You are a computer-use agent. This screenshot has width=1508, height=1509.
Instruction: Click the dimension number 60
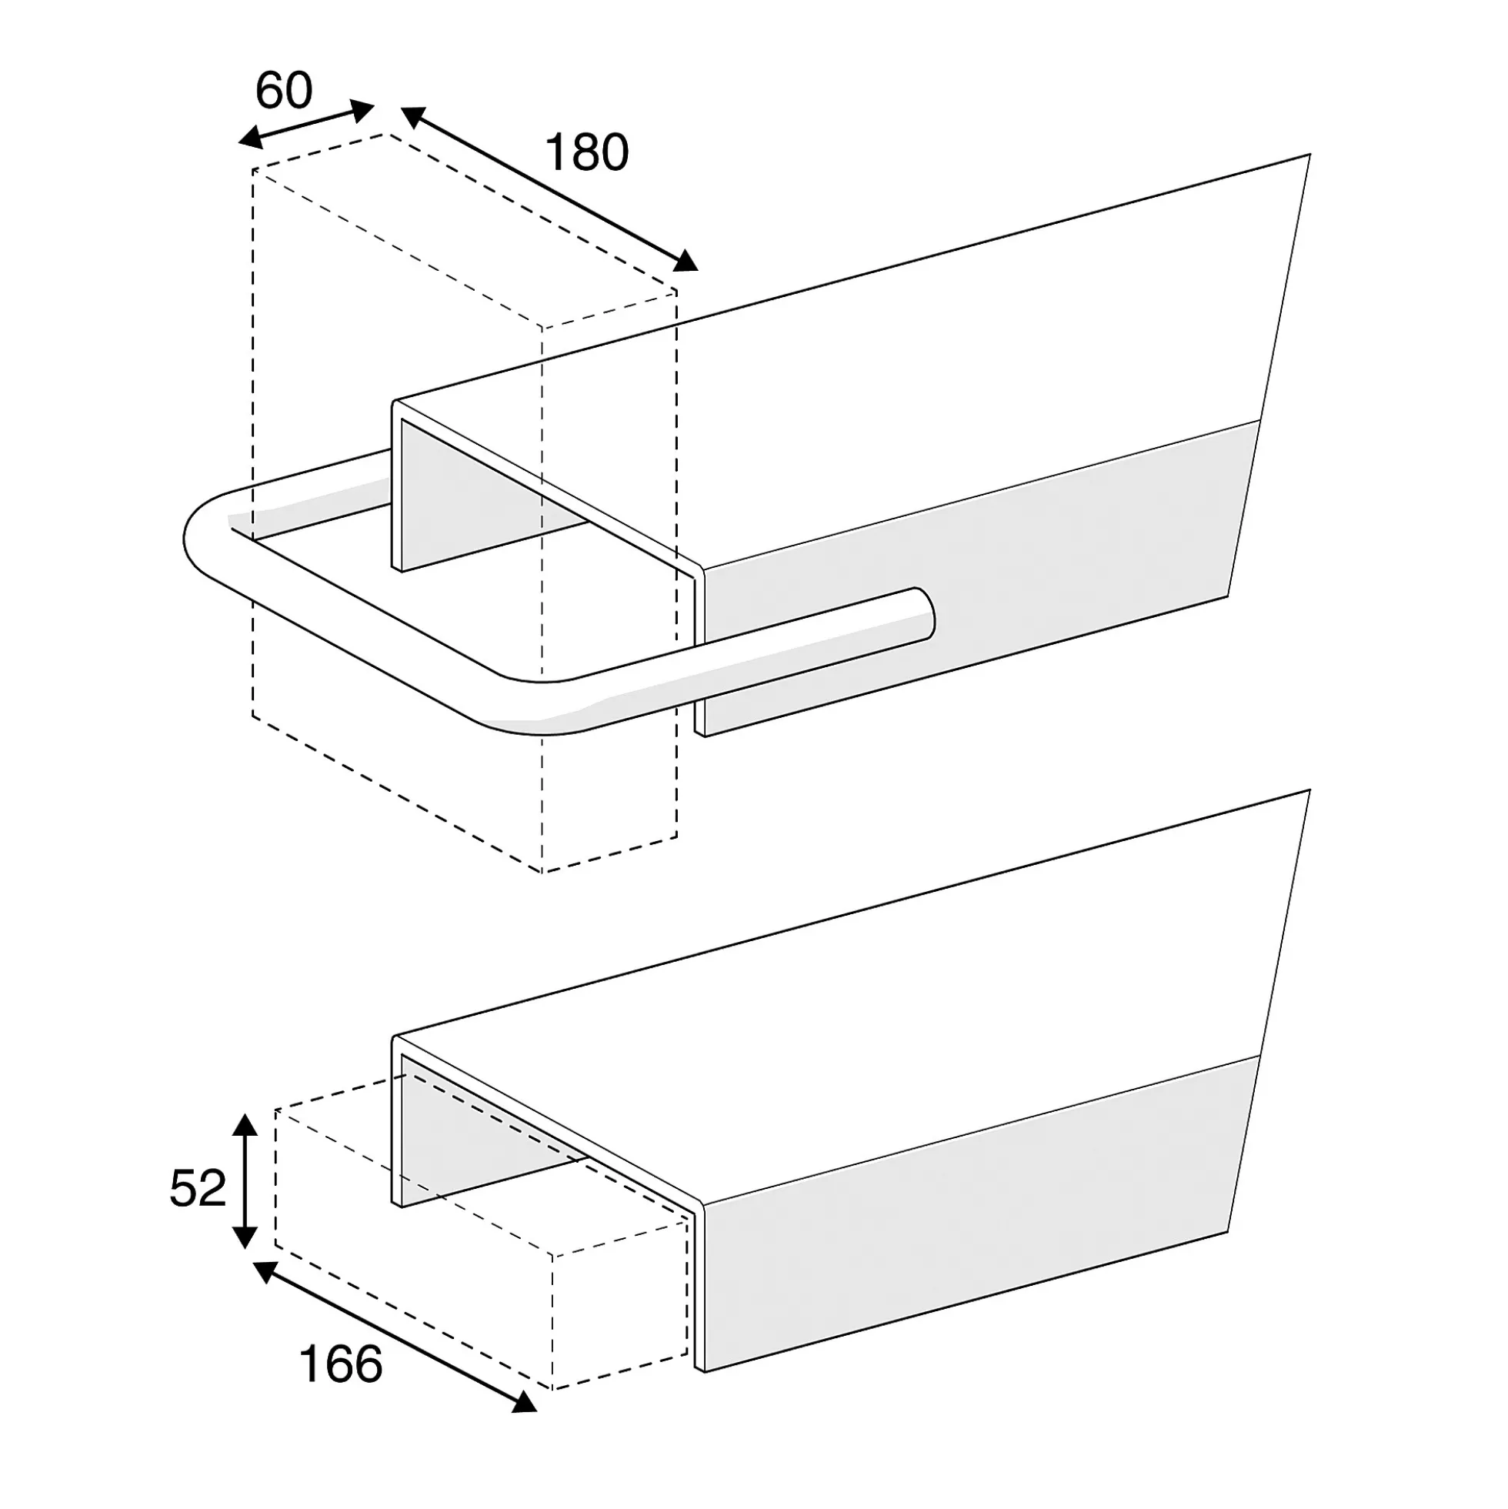283,91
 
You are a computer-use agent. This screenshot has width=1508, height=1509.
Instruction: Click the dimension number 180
586,152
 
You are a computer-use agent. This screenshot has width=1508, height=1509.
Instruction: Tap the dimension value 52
198,1189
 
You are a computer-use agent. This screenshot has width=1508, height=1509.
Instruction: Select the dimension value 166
341,1364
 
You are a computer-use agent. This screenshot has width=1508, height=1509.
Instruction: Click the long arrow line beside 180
549,189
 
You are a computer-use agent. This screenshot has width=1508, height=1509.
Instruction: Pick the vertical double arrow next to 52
245,1181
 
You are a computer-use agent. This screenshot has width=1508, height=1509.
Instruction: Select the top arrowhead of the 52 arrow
245,1125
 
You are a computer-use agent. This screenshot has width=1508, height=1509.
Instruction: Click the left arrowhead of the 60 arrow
249,139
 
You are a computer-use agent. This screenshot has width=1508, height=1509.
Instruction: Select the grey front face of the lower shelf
976,1214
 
